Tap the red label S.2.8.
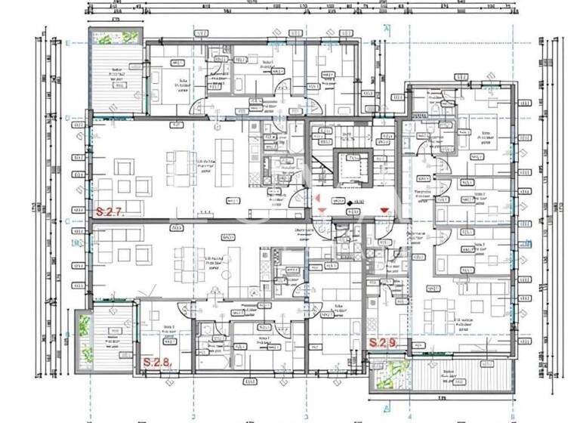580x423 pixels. point(158,362)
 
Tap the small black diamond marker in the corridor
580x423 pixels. point(340,202)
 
